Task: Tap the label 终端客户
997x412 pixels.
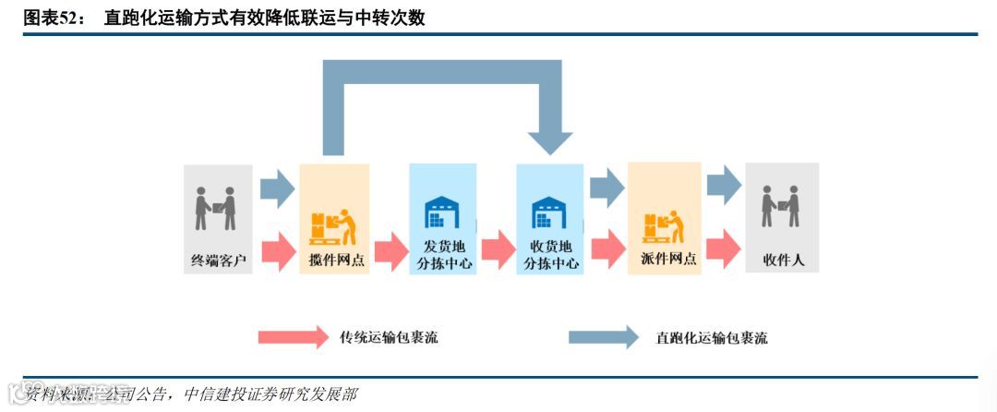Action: point(219,261)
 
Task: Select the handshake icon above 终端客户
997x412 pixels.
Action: point(217,209)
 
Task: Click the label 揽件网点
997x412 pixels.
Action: point(335,261)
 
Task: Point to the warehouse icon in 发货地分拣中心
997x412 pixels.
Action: point(442,212)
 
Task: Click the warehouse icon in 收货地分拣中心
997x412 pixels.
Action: point(549,212)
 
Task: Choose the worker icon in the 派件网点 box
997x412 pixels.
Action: point(663,224)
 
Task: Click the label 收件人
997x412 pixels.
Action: point(783,261)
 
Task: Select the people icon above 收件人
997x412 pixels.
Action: point(781,206)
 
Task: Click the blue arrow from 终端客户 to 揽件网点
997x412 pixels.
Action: point(276,188)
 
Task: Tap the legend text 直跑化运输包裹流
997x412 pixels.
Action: point(711,338)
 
